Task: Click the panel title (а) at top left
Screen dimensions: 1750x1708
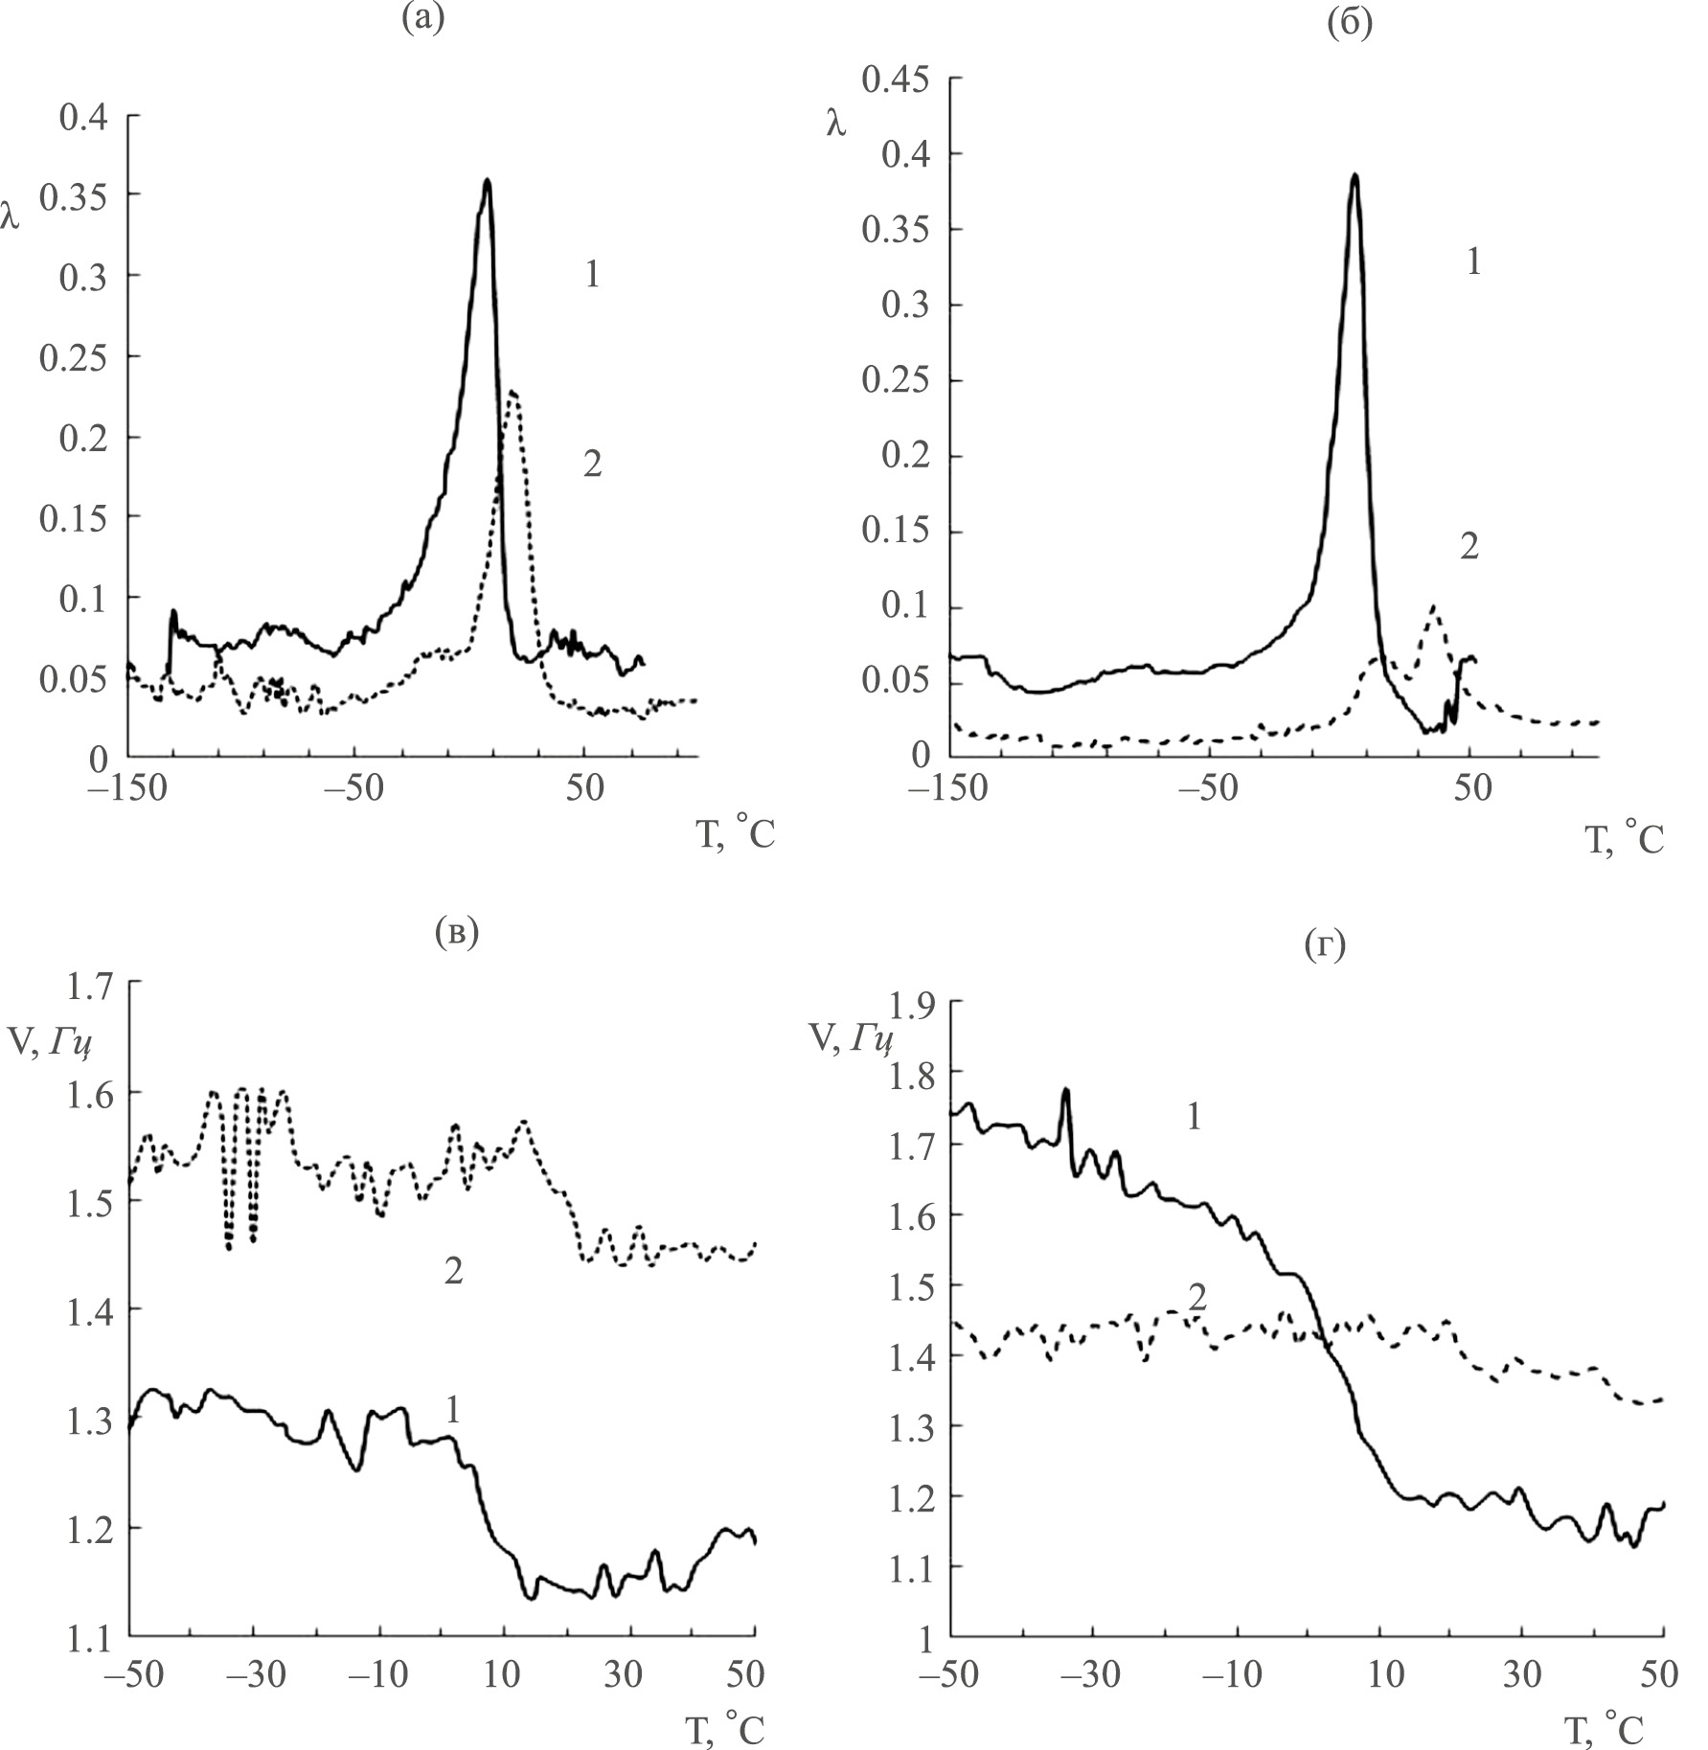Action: click(422, 18)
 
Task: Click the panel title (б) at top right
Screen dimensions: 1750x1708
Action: click(1350, 23)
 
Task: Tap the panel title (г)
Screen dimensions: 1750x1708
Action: click(1325, 946)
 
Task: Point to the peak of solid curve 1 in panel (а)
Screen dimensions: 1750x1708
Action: click(488, 181)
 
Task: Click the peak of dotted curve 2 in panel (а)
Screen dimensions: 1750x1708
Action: click(514, 392)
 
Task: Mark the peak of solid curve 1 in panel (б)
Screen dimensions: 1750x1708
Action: click(1355, 176)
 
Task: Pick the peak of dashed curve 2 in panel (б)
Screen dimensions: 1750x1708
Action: click(1433, 606)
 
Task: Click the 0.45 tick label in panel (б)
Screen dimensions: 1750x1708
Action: click(896, 79)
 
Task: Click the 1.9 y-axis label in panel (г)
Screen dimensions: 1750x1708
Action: click(915, 1006)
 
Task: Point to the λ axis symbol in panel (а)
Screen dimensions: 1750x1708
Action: click(11, 219)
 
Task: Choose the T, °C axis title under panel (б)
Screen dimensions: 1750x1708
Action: click(1625, 839)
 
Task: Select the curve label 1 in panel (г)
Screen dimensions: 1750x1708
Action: click(1194, 1117)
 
